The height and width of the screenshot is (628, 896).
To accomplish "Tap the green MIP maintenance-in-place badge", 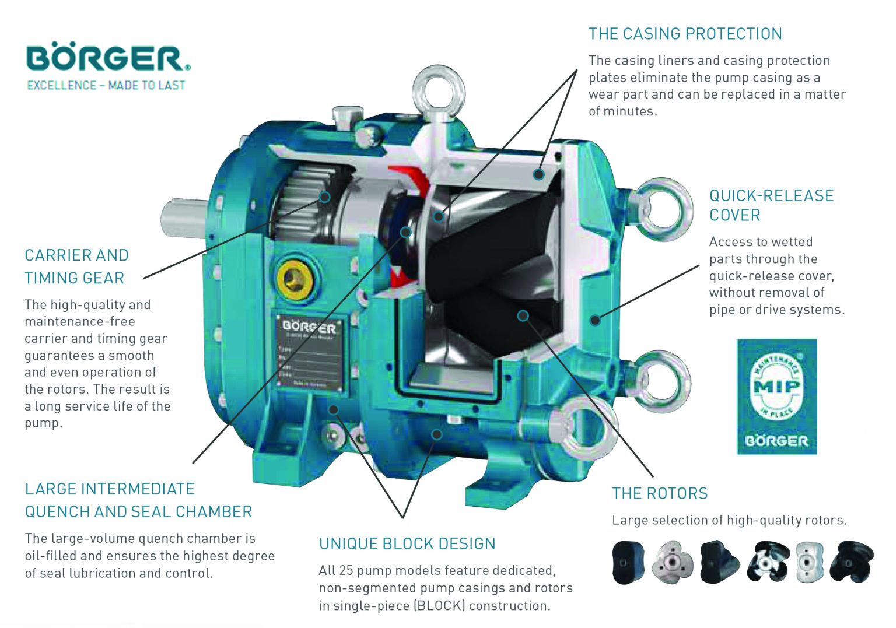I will tap(777, 396).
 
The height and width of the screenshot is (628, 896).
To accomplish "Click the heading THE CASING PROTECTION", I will tap(685, 34).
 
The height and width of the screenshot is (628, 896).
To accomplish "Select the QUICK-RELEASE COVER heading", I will tap(771, 205).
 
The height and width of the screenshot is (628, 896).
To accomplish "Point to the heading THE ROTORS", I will tap(660, 493).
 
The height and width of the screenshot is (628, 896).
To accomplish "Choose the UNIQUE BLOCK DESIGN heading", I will tap(407, 543).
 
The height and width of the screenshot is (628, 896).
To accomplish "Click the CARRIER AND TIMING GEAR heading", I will tap(76, 266).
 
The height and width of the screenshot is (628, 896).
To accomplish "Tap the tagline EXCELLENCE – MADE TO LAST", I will tap(106, 85).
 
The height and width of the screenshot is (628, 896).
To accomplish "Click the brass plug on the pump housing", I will tap(295, 280).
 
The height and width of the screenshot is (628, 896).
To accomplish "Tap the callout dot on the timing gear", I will tap(325, 197).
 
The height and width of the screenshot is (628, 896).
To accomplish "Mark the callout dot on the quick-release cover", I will tap(595, 320).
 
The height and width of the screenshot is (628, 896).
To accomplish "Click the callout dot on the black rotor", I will tap(523, 315).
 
